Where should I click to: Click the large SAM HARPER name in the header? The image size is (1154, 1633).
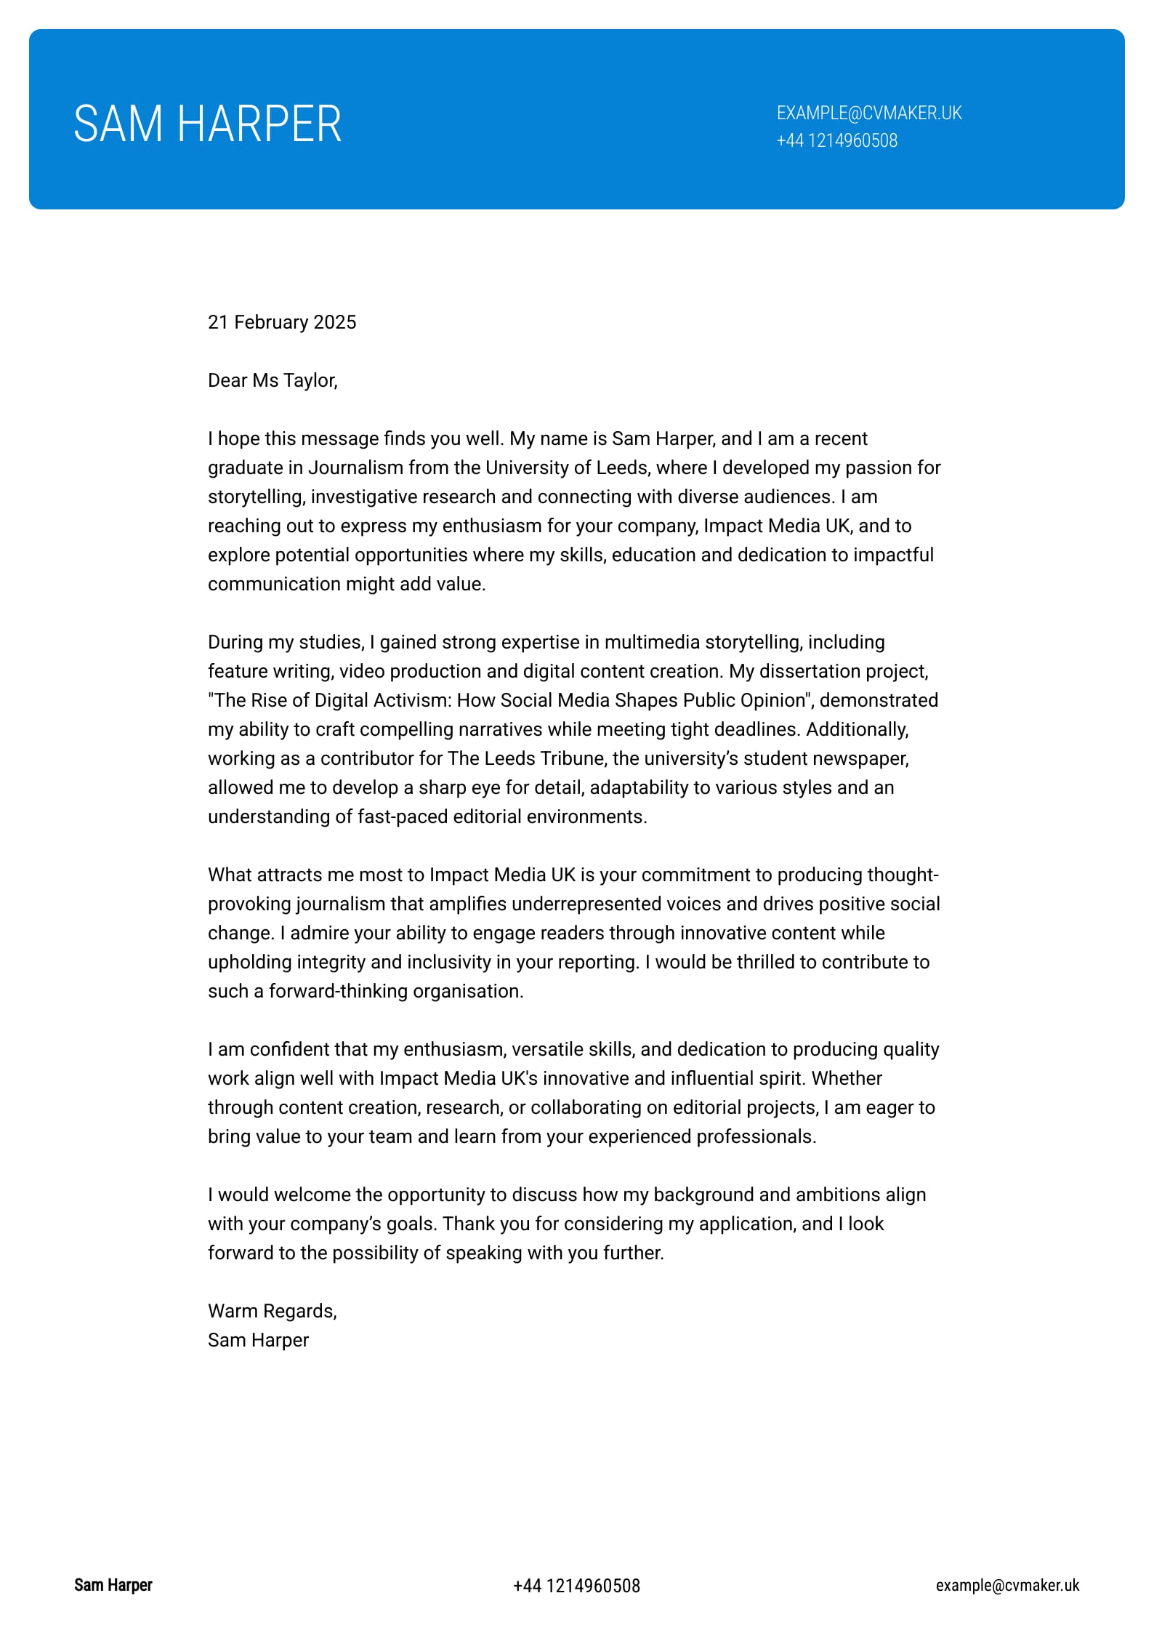pyautogui.click(x=207, y=124)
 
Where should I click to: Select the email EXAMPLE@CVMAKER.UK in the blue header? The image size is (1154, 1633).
pyautogui.click(x=869, y=113)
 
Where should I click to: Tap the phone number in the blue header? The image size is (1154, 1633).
pyautogui.click(x=836, y=141)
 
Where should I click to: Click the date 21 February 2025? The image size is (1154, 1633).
pyautogui.click(x=282, y=322)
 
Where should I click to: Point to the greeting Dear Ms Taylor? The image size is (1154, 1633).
pyautogui.click(x=273, y=380)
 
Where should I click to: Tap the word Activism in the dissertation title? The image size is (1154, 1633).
pyautogui.click(x=406, y=700)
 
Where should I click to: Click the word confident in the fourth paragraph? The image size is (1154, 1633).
pyautogui.click(x=287, y=1049)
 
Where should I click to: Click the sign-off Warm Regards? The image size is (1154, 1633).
pyautogui.click(x=273, y=1311)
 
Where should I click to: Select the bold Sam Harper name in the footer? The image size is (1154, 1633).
pyautogui.click(x=113, y=1585)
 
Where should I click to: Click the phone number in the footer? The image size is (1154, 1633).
pyautogui.click(x=576, y=1586)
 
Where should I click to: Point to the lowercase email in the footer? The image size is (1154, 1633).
pyautogui.click(x=1007, y=1585)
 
